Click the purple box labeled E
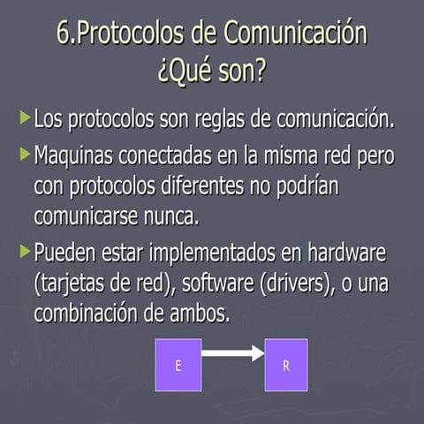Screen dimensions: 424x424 click(x=178, y=365)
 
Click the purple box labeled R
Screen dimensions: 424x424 click(x=286, y=365)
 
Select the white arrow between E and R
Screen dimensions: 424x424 click(x=232, y=355)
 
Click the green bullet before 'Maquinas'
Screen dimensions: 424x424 click(x=25, y=156)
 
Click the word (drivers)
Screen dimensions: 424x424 click(x=304, y=284)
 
